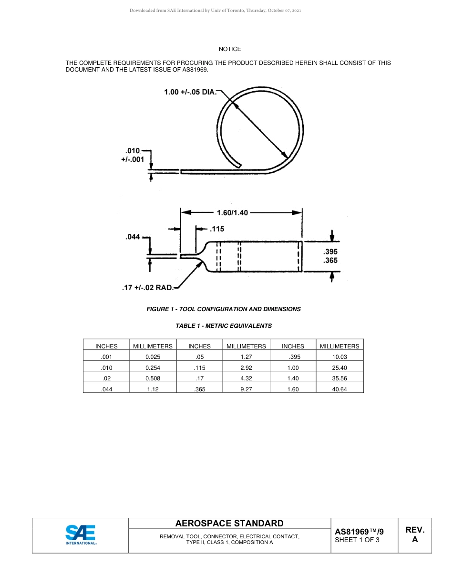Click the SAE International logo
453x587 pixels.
(x=81, y=535)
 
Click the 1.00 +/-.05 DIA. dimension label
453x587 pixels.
(x=190, y=92)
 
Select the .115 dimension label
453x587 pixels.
(x=217, y=229)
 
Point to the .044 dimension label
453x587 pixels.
(x=133, y=237)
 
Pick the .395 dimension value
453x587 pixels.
(x=330, y=252)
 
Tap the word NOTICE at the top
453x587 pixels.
(x=230, y=49)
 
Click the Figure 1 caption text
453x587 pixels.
(x=223, y=309)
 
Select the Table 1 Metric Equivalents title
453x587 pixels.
(x=224, y=326)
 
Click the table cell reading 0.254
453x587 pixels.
(x=153, y=367)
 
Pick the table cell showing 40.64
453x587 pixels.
(x=339, y=389)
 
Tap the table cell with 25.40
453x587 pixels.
(x=339, y=367)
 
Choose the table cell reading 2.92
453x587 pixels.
(x=246, y=367)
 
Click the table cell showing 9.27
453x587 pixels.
(x=246, y=389)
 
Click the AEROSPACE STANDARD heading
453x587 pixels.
(x=229, y=524)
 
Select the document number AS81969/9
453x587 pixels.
(x=359, y=531)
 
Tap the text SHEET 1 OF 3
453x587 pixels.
(x=357, y=540)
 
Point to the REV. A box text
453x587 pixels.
(x=414, y=535)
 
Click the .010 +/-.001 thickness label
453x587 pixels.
(x=132, y=156)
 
